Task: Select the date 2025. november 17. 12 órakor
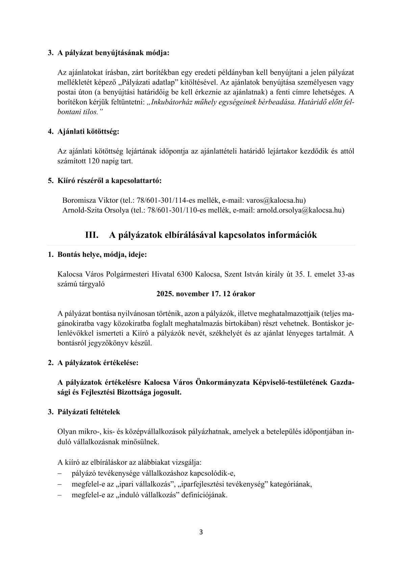(206, 294)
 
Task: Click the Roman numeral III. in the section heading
(92, 235)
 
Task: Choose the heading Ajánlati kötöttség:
(89, 132)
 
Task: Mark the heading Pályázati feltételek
(89, 412)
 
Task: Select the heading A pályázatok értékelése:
(98, 363)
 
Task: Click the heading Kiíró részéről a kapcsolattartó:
(109, 181)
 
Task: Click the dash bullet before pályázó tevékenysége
(60, 473)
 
